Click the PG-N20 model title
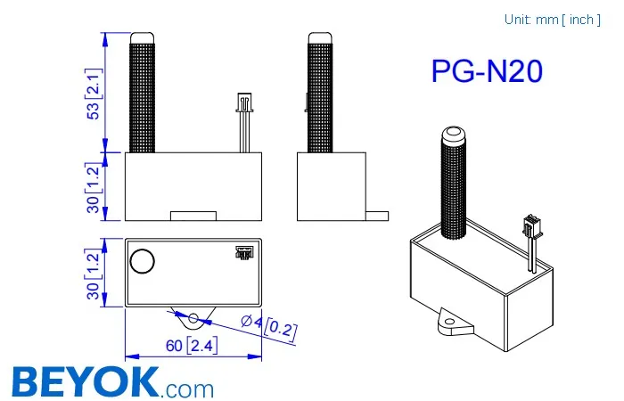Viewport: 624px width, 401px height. coord(486,72)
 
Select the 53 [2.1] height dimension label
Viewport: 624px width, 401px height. coord(92,93)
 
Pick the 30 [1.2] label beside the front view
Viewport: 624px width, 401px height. coord(92,187)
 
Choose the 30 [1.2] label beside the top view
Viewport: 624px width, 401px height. coord(92,272)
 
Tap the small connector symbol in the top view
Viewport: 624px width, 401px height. coord(242,252)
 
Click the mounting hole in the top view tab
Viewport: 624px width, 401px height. coord(193,316)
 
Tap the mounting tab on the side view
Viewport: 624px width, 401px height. coord(378,215)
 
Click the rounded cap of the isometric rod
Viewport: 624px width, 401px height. coord(454,135)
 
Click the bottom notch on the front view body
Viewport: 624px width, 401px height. coord(193,215)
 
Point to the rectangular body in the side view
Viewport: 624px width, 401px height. coord(330,185)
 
